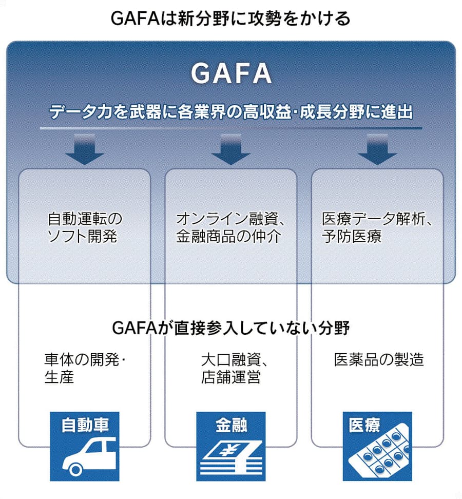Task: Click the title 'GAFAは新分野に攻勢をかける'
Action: coord(230,19)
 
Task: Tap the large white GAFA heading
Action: coord(231,74)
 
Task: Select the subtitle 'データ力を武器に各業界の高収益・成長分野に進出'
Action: coord(231,112)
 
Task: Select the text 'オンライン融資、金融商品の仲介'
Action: coord(230,227)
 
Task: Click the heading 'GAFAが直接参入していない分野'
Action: coord(230,328)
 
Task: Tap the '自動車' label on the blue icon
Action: coord(85,425)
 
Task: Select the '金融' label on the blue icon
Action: coord(231,425)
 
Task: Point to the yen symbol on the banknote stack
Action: coord(224,452)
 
